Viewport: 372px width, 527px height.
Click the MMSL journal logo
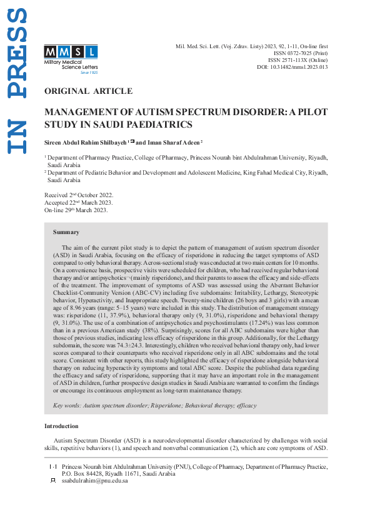pos(71,51)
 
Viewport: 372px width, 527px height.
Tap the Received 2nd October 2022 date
pos(79,195)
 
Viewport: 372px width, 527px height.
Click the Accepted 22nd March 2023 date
pos(79,203)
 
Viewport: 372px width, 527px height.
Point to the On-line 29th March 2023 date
pos(76,210)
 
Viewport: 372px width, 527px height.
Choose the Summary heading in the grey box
pos(66,232)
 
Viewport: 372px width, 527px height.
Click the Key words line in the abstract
pos(154,406)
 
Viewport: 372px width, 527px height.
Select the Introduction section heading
pos(61,426)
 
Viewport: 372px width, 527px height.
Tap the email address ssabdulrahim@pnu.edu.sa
pos(95,481)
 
